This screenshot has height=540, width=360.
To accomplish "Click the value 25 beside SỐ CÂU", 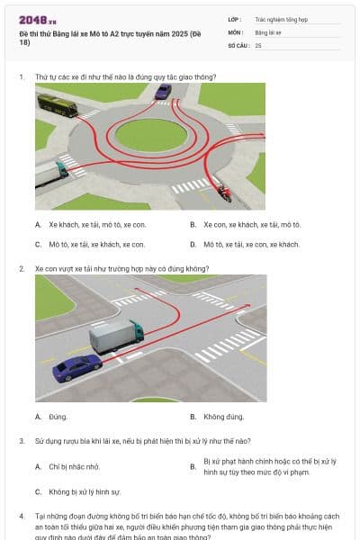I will click(258, 44).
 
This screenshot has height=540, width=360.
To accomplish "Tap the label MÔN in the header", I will click(234, 31).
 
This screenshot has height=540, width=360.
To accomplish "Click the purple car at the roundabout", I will click(163, 92).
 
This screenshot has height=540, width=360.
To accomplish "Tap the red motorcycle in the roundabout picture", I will click(222, 192).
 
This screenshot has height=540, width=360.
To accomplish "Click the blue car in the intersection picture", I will click(76, 367).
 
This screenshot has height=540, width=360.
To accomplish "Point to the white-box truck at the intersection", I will click(116, 337).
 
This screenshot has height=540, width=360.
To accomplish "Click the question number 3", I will click(22, 441).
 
